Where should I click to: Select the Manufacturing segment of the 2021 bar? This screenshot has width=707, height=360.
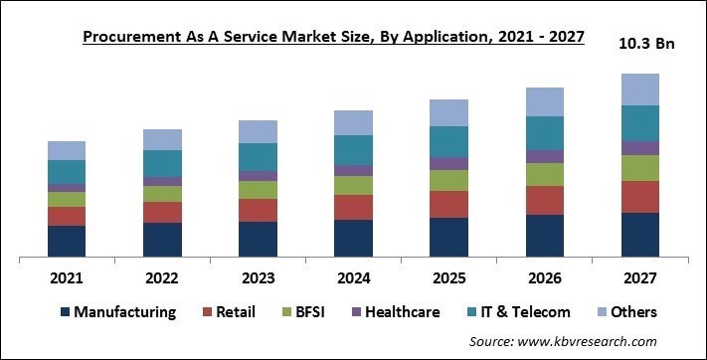tap(67, 241)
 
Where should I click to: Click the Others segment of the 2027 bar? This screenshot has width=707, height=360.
tap(639, 90)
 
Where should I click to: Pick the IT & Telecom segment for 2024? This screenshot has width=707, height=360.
tap(353, 149)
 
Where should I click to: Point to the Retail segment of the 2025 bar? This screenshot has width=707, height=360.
tap(448, 204)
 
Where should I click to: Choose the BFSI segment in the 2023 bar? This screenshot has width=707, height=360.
tap(258, 189)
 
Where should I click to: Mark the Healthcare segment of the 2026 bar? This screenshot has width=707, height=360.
tap(544, 156)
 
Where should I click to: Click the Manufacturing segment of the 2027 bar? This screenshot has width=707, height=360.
tap(639, 235)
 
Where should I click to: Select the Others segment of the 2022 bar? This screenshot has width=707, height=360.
tap(162, 139)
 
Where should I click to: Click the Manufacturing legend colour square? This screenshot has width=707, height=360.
tap(66, 312)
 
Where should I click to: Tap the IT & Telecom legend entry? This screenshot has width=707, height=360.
tap(516, 312)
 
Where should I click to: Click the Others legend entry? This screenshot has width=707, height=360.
tap(626, 312)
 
